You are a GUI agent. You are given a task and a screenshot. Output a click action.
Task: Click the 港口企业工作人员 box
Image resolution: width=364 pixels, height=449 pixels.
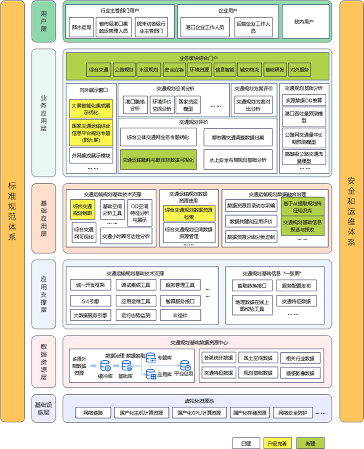coord(205,27)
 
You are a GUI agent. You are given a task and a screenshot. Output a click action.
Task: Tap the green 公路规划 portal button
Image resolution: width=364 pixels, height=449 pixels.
coord(124,70)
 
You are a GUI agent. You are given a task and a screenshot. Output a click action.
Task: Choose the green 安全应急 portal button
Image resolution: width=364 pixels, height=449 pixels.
coord(174,70)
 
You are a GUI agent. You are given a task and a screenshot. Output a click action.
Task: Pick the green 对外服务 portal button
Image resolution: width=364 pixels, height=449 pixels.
coord(300,70)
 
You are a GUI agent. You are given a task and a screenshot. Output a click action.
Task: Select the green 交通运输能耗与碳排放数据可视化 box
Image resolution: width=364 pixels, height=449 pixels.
coord(158,160)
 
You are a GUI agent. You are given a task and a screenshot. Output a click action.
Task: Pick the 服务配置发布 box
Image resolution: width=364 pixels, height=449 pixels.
coord(296,286)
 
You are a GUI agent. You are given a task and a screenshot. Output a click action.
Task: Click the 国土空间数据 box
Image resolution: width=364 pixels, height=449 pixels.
coord(258,358)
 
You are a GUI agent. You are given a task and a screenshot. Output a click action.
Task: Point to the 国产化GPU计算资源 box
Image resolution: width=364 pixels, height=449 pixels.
coord(199,412)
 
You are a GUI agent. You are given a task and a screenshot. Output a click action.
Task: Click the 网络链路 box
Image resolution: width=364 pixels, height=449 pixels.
coord(93,412)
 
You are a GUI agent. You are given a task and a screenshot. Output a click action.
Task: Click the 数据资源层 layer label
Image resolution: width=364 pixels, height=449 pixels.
coord(43,361)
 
